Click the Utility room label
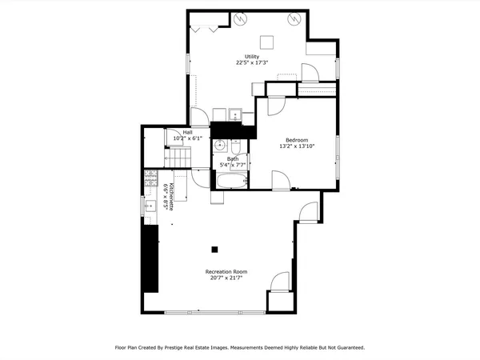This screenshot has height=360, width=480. pos(252,56)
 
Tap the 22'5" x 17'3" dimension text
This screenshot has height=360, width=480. pos(252,62)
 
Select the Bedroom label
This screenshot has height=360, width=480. pos(297,140)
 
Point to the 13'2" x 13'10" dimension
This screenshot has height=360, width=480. pos(297,146)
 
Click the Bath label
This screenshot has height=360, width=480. pos(233,158)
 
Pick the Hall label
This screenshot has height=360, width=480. pos(188,132)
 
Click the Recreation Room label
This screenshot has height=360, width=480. pos(226,272)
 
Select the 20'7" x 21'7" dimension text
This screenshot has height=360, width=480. pos(226,278)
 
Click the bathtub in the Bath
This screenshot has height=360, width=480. pos(230,182)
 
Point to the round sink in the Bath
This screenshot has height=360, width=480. pos(219,146)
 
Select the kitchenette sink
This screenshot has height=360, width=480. pos(150,206)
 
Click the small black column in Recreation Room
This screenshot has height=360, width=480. pos(214,248)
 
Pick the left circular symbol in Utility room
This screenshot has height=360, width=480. pos(239,18)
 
